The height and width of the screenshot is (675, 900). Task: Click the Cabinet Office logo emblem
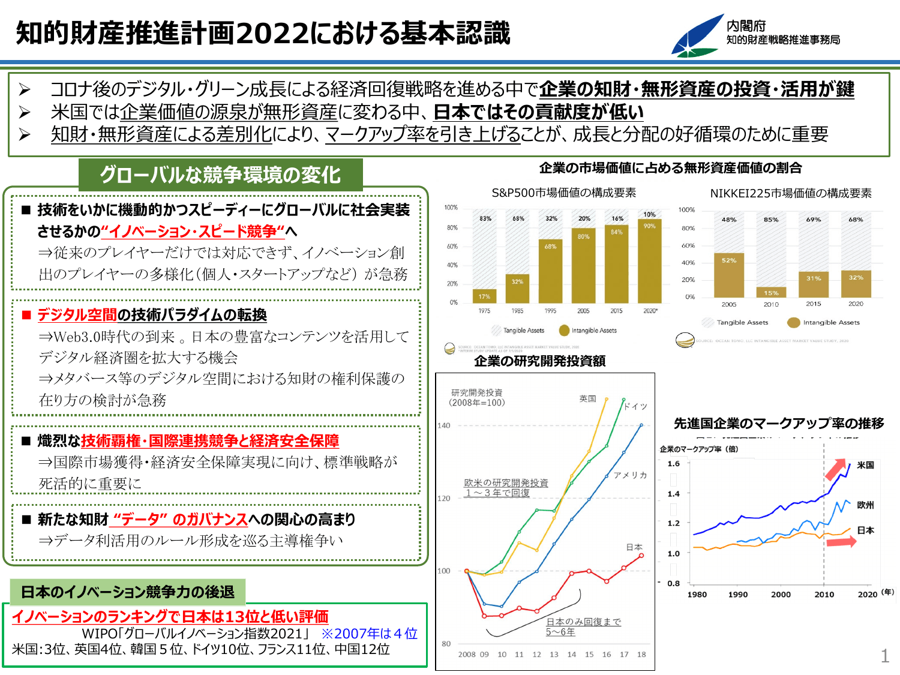tap(697, 37)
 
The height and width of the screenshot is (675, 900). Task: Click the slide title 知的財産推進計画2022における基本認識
tap(263, 33)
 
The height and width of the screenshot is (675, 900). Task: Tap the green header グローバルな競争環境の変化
tap(220, 175)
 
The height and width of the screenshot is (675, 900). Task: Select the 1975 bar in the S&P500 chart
tap(484, 296)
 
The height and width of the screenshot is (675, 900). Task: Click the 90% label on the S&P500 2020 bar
tap(649, 226)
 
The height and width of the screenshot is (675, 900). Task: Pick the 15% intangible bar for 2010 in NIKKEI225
tap(771, 292)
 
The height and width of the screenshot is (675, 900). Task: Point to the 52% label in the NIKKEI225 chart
tap(729, 260)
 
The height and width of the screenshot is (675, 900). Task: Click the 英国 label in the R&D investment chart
tap(587, 399)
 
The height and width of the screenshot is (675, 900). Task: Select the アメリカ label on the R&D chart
tap(630, 475)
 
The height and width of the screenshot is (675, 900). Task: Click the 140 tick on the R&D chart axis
tap(443, 425)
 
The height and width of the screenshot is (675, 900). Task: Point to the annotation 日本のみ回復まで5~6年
tap(583, 627)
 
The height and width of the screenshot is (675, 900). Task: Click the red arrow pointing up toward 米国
tap(836, 469)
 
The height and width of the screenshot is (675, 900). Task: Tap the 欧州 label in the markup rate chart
tap(865, 505)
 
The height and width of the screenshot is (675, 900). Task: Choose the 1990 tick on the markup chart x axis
tap(737, 595)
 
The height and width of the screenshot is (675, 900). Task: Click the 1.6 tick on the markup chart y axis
tap(673, 464)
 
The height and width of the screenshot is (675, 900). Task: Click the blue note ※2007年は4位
tap(369, 634)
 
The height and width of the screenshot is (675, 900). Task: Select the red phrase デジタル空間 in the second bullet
tap(77, 315)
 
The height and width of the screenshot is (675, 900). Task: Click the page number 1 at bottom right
tap(884, 656)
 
